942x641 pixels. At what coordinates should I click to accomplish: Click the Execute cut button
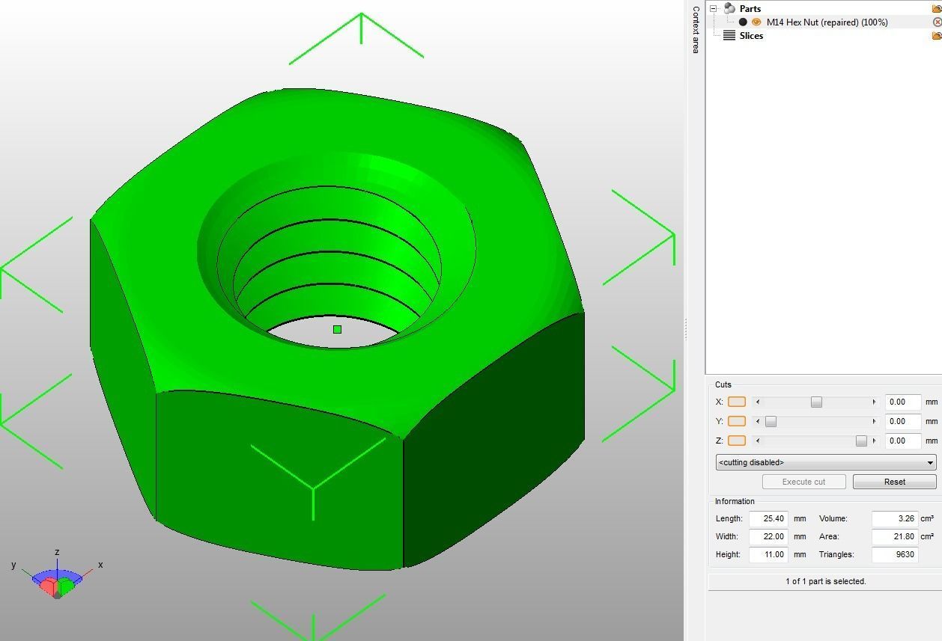click(x=803, y=482)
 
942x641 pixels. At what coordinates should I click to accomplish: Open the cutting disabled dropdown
click(x=826, y=462)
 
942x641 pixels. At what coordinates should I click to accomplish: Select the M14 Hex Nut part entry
click(x=827, y=22)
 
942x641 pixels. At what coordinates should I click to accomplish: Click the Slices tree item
click(x=751, y=36)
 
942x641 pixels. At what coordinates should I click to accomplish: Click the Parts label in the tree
click(x=750, y=9)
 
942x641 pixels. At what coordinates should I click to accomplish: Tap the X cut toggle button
click(x=737, y=402)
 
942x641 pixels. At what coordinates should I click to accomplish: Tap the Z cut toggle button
click(x=737, y=441)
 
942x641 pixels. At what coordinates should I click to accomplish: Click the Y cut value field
click(x=902, y=421)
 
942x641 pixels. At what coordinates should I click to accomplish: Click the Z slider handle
click(x=861, y=441)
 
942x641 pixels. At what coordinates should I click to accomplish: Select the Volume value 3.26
click(x=895, y=518)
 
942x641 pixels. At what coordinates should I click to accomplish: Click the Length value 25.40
click(x=768, y=518)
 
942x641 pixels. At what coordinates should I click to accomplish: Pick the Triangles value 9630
click(x=895, y=554)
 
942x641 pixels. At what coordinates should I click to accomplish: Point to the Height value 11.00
click(x=768, y=554)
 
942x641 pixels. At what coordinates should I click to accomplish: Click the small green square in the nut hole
click(x=337, y=329)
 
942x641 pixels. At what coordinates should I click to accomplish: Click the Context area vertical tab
click(x=696, y=30)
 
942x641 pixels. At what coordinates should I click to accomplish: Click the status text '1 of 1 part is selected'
click(x=825, y=581)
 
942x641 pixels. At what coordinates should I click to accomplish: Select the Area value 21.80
click(x=895, y=536)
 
